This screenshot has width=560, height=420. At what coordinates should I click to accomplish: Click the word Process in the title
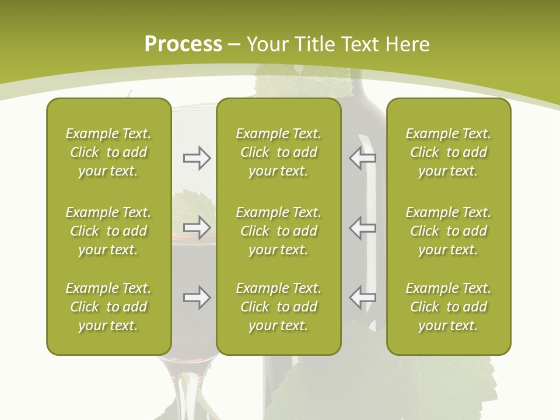click(x=183, y=44)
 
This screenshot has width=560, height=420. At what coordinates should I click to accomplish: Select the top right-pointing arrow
click(x=197, y=157)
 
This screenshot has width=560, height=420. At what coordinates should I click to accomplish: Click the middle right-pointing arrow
click(x=197, y=227)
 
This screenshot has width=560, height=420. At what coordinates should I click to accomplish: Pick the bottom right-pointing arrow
click(x=197, y=297)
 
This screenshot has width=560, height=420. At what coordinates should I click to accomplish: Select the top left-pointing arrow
click(x=362, y=157)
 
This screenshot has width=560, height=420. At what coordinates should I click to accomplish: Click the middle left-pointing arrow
click(x=362, y=227)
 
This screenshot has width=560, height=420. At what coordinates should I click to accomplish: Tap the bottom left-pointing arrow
click(x=362, y=297)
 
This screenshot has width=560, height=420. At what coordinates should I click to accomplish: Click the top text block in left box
click(x=108, y=152)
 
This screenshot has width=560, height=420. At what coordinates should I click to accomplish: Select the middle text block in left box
click(x=108, y=231)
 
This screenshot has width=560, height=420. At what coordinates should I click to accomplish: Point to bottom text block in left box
click(x=108, y=307)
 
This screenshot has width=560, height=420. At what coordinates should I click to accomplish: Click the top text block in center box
click(x=278, y=152)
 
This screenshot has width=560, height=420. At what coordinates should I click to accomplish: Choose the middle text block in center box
click(x=278, y=231)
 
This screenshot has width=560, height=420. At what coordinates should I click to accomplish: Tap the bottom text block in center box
click(x=278, y=307)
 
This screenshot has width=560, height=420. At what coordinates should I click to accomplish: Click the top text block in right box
click(x=448, y=152)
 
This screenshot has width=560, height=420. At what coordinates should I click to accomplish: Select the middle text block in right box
click(x=448, y=231)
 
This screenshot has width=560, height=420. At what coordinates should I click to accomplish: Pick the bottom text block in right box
click(x=448, y=307)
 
